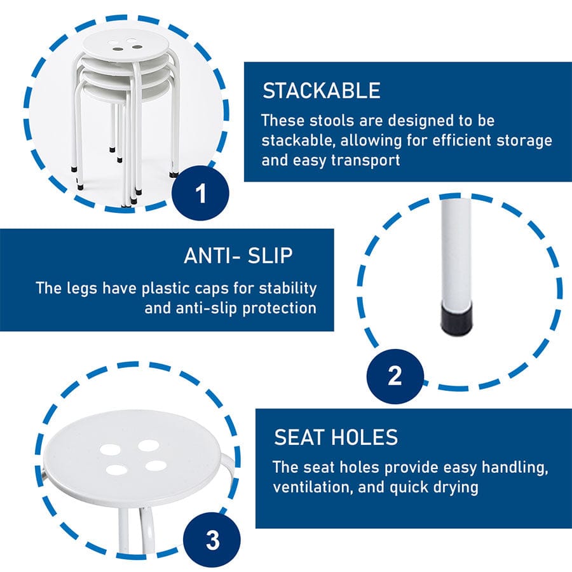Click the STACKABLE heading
[x=322, y=91]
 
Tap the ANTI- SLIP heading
[x=238, y=255]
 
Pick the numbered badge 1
[x=200, y=193]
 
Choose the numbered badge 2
[x=395, y=376]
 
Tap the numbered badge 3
[x=212, y=540]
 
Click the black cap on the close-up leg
[x=455, y=319]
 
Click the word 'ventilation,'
[x=313, y=487]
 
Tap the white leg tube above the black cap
[x=456, y=252]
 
